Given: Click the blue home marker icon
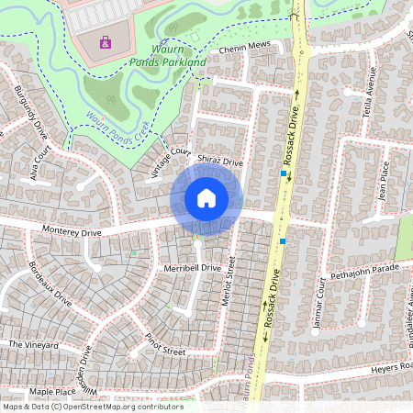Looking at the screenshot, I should (x=206, y=198).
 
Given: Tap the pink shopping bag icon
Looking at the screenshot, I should (x=105, y=41).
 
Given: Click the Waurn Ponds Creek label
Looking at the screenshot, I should (x=117, y=128).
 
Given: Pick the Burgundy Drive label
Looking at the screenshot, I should (x=31, y=109).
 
